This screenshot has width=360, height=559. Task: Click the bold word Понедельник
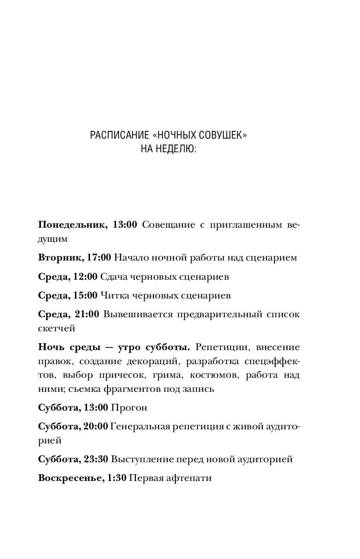point(73,225)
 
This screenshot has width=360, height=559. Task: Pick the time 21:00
point(87,314)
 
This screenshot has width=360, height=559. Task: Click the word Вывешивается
point(132,314)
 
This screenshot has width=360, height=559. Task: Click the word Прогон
point(129,408)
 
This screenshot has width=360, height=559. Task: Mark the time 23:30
point(96,459)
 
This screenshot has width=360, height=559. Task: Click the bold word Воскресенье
point(70,478)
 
